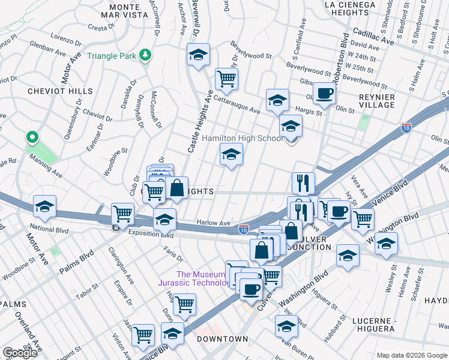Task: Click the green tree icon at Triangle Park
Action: click(144, 56)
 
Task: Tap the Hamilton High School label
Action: click(242, 138)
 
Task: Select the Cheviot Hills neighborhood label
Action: click(59, 91)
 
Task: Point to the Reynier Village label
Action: click(376, 101)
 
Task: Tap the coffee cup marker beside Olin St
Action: click(325, 94)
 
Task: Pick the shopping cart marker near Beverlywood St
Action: click(226, 77)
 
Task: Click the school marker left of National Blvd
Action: click(45, 206)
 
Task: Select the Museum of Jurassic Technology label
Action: click(192, 278)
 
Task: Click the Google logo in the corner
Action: click(20, 353)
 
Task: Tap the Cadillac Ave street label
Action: click(373, 38)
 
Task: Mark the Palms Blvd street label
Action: click(77, 265)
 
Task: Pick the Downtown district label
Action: click(221, 339)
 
